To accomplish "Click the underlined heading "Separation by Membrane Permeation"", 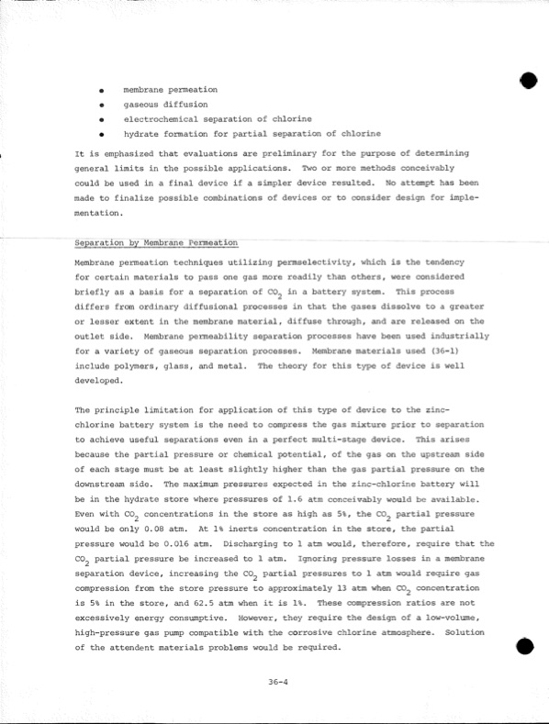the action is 155,243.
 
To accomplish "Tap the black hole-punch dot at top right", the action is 527,81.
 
